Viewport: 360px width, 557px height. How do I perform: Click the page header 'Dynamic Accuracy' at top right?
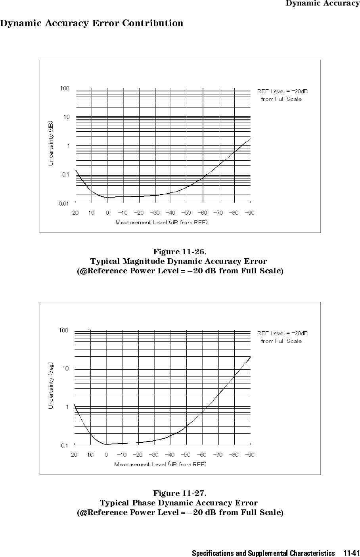[x=322, y=3]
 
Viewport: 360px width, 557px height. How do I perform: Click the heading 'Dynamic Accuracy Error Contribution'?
[x=92, y=23]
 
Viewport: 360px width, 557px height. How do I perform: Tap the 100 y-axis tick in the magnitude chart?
[x=65, y=88]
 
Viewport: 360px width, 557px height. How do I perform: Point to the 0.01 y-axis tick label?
[x=64, y=204]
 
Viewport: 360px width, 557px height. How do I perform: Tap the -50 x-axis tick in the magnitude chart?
[x=186, y=213]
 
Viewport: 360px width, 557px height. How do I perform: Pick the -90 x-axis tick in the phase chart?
[x=249, y=455]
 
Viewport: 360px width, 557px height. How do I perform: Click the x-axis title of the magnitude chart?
[x=161, y=222]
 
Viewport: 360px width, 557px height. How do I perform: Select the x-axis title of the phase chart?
[x=161, y=464]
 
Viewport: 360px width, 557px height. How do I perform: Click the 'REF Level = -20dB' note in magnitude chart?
[x=282, y=92]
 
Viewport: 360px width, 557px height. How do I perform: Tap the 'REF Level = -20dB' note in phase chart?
[x=282, y=333]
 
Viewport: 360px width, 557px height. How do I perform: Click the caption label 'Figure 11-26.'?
[x=180, y=252]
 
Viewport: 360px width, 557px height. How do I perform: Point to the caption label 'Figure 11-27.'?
[x=180, y=493]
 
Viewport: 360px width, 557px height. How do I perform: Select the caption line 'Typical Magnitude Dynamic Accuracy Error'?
[x=178, y=261]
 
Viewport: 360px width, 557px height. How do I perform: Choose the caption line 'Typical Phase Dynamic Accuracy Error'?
[x=179, y=503]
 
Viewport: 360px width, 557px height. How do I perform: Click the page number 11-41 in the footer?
[x=352, y=553]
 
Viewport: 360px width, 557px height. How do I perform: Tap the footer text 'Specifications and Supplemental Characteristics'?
[x=263, y=553]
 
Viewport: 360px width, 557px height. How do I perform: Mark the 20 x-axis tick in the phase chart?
[x=74, y=455]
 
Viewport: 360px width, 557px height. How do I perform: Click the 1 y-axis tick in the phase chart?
[x=67, y=407]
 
